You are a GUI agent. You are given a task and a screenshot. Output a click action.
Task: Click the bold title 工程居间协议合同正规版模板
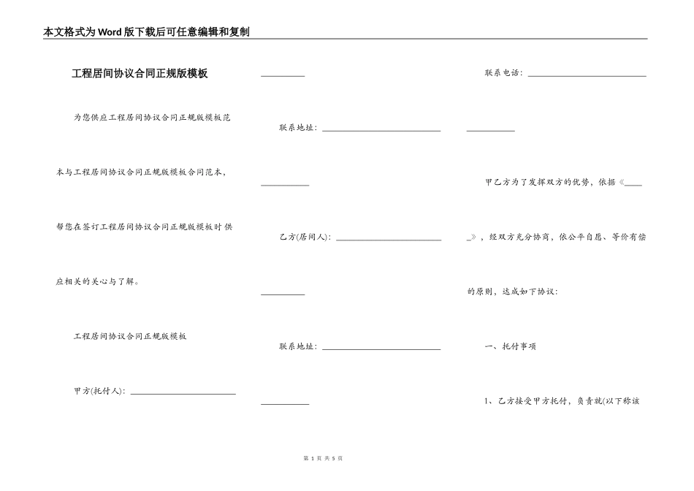[x=140, y=73]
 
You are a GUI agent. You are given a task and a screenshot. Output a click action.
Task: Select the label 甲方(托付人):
[x=100, y=391]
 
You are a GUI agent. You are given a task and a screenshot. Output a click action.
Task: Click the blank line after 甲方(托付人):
[x=182, y=393]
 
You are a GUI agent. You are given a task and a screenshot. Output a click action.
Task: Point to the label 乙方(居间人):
[x=305, y=237]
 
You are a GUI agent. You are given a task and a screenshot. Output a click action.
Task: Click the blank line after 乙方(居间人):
[x=388, y=239]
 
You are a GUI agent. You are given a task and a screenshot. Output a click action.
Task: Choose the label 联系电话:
[x=504, y=73]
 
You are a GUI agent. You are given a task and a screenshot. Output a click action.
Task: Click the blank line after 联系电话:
[x=587, y=75]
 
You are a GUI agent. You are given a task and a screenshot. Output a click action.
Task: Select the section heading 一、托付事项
[x=511, y=346]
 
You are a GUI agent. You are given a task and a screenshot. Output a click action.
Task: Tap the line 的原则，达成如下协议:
[x=512, y=292]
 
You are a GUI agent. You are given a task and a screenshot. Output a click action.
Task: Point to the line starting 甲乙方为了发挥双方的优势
[x=555, y=182]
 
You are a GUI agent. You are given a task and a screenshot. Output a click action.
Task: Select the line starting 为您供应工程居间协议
[x=152, y=117]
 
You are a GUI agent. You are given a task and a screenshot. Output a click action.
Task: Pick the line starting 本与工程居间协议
[x=141, y=172]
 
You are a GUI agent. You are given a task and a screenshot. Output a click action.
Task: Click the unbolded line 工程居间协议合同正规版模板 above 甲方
[x=130, y=336]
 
